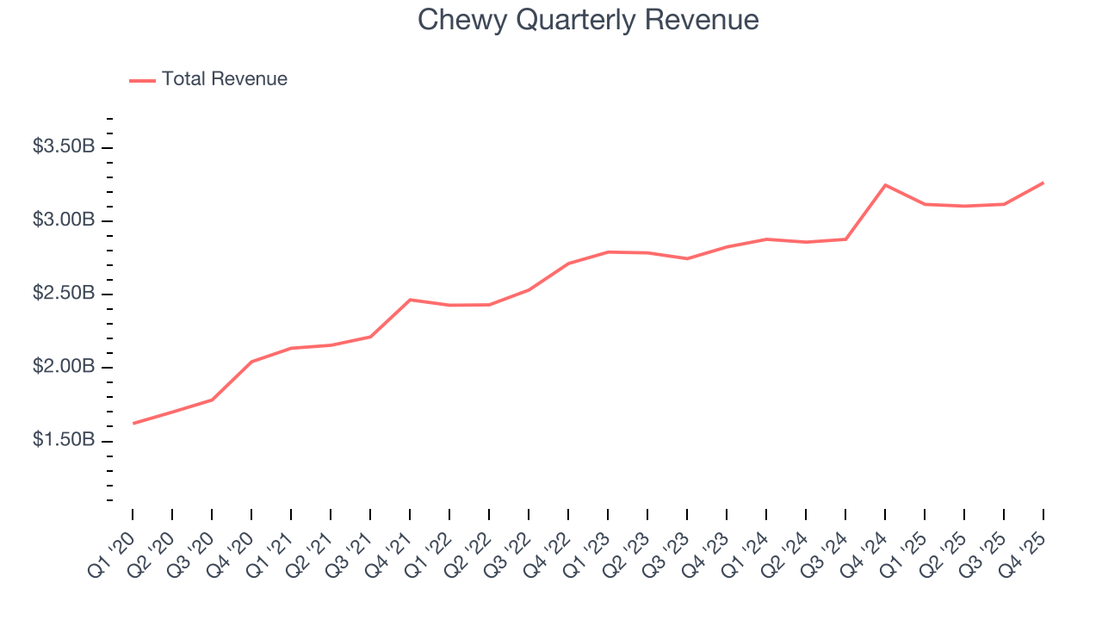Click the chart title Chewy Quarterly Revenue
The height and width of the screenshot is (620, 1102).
pyautogui.click(x=588, y=20)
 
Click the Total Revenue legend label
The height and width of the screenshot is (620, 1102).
pyautogui.click(x=224, y=79)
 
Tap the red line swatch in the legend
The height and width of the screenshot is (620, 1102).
pyautogui.click(x=142, y=80)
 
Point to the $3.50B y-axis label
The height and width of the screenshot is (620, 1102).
pyautogui.click(x=64, y=147)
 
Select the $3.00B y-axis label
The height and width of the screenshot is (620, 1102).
pyautogui.click(x=64, y=220)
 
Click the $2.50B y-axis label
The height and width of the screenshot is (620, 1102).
pyautogui.click(x=64, y=294)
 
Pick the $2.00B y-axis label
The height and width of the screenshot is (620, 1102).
pyautogui.click(x=64, y=367)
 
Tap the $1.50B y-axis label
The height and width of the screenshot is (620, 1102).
pyautogui.click(x=64, y=440)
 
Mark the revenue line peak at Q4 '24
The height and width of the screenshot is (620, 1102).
pyautogui.click(x=885, y=185)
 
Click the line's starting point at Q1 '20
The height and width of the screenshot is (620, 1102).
pyautogui.click(x=133, y=424)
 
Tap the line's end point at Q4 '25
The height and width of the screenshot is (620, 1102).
pyautogui.click(x=1043, y=183)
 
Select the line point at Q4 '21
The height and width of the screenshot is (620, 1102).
pyautogui.click(x=410, y=300)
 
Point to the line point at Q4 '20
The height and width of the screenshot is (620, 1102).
pyautogui.click(x=251, y=362)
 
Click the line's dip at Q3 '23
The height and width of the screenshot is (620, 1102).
pyautogui.click(x=687, y=258)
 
